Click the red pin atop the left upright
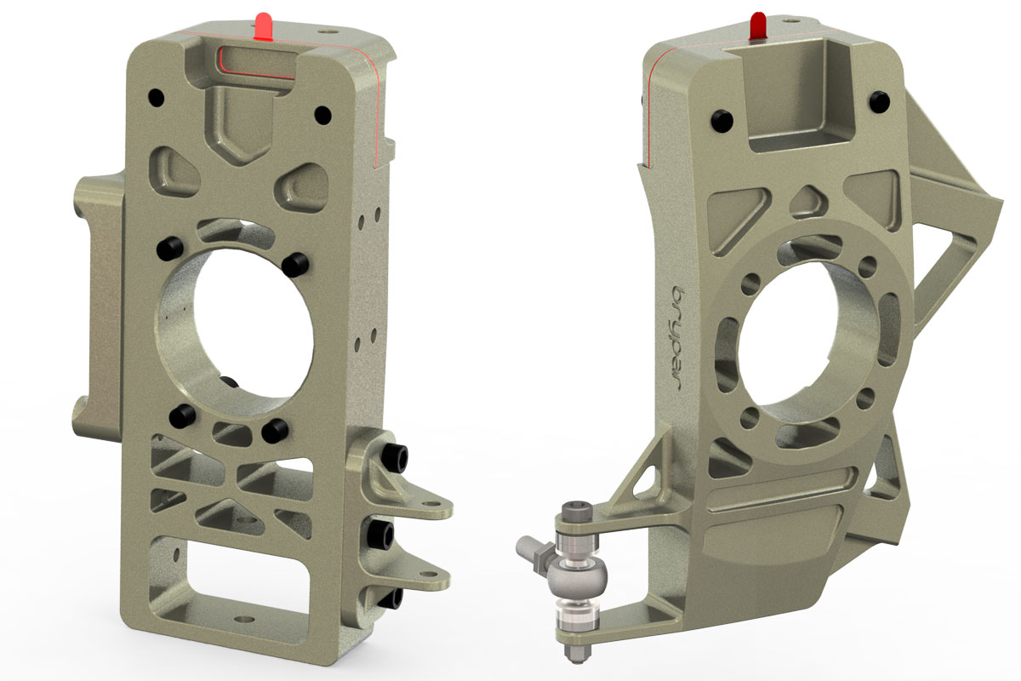(264, 28)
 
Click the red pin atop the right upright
(756, 26)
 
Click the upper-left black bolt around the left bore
(168, 249)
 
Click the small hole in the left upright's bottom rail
(244, 621)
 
